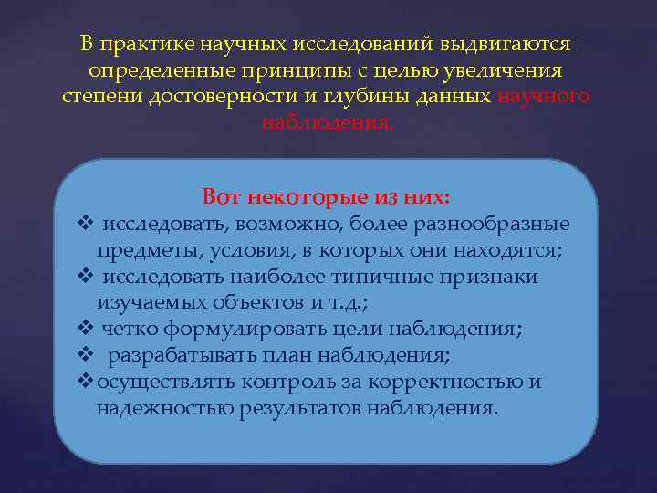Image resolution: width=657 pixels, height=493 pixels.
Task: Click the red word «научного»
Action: (546, 96)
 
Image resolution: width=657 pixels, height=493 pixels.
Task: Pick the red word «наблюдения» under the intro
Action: (327, 121)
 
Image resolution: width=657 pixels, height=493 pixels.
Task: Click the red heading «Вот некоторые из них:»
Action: (326, 197)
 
